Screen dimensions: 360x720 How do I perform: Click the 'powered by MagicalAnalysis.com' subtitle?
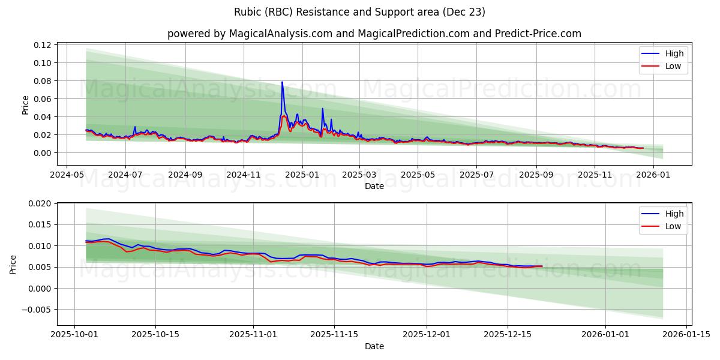[x=374, y=34]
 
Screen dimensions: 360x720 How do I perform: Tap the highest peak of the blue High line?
[x=282, y=82]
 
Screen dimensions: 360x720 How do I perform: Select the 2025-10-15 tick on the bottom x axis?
[x=155, y=334]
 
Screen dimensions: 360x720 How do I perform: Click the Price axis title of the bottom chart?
[x=13, y=264]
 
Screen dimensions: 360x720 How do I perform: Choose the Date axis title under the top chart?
[x=374, y=186]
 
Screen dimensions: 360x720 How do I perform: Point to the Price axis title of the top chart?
[x=25, y=104]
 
